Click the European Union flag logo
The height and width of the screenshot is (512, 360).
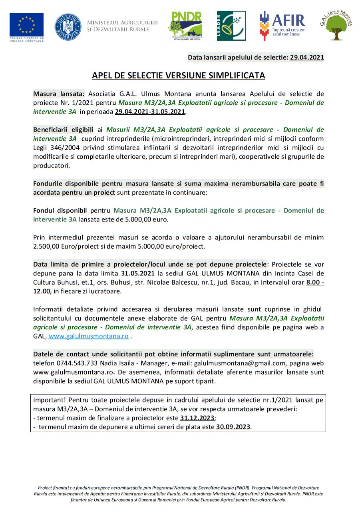click(27, 25)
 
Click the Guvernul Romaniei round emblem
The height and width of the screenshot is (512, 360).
click(68, 27)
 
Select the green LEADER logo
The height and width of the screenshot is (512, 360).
click(231, 26)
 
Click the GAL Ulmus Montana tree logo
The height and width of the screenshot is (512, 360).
click(336, 26)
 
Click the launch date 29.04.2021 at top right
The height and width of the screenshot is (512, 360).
click(307, 58)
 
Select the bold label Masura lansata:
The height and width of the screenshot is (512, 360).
click(59, 94)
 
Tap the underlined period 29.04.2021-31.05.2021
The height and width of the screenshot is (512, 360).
click(150, 112)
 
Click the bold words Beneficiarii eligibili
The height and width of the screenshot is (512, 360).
click(63, 129)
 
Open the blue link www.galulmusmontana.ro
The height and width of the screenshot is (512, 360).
click(89, 336)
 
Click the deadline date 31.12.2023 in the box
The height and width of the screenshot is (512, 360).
click(197, 418)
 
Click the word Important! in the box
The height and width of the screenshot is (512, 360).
click(50, 400)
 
